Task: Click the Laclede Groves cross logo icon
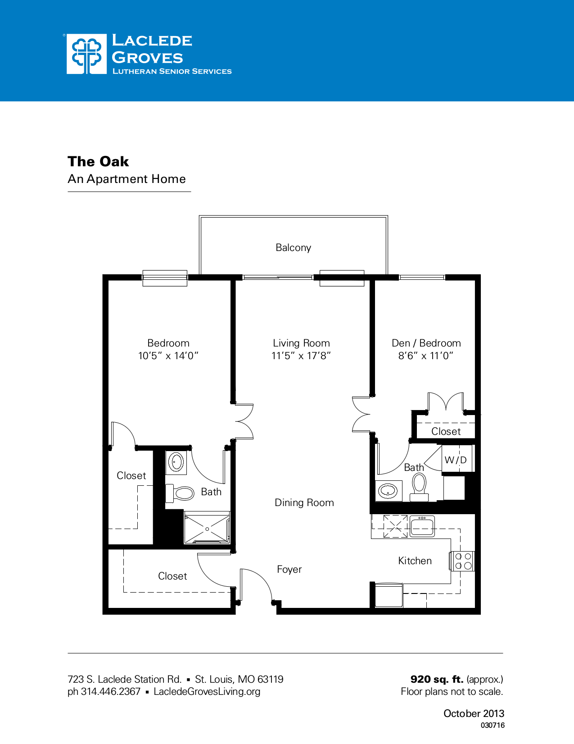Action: coord(87,54)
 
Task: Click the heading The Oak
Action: coord(98,161)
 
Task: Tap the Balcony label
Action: coord(293,247)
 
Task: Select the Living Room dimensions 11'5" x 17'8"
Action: coord(301,356)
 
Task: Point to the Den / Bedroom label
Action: coord(426,343)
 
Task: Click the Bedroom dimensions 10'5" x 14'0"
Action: coord(168,356)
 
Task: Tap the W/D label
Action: coord(456,460)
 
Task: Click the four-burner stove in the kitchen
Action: coord(463,561)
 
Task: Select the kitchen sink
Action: coord(422,526)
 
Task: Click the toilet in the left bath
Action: coord(181,493)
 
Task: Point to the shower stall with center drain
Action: coord(207,528)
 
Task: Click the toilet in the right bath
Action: coord(419,487)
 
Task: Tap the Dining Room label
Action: coord(304,502)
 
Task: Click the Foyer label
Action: coord(289,569)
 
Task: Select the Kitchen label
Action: coord(415,561)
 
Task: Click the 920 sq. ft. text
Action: coord(437,679)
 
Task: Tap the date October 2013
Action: coord(474,713)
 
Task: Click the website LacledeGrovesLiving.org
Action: coord(207,691)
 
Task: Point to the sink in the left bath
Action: coord(176,462)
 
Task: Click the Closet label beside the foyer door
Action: coord(172,576)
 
